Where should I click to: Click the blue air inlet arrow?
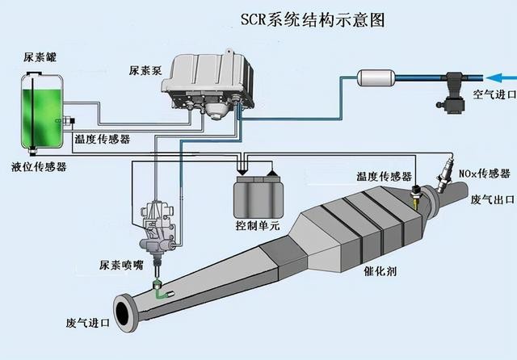pos(498,78)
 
